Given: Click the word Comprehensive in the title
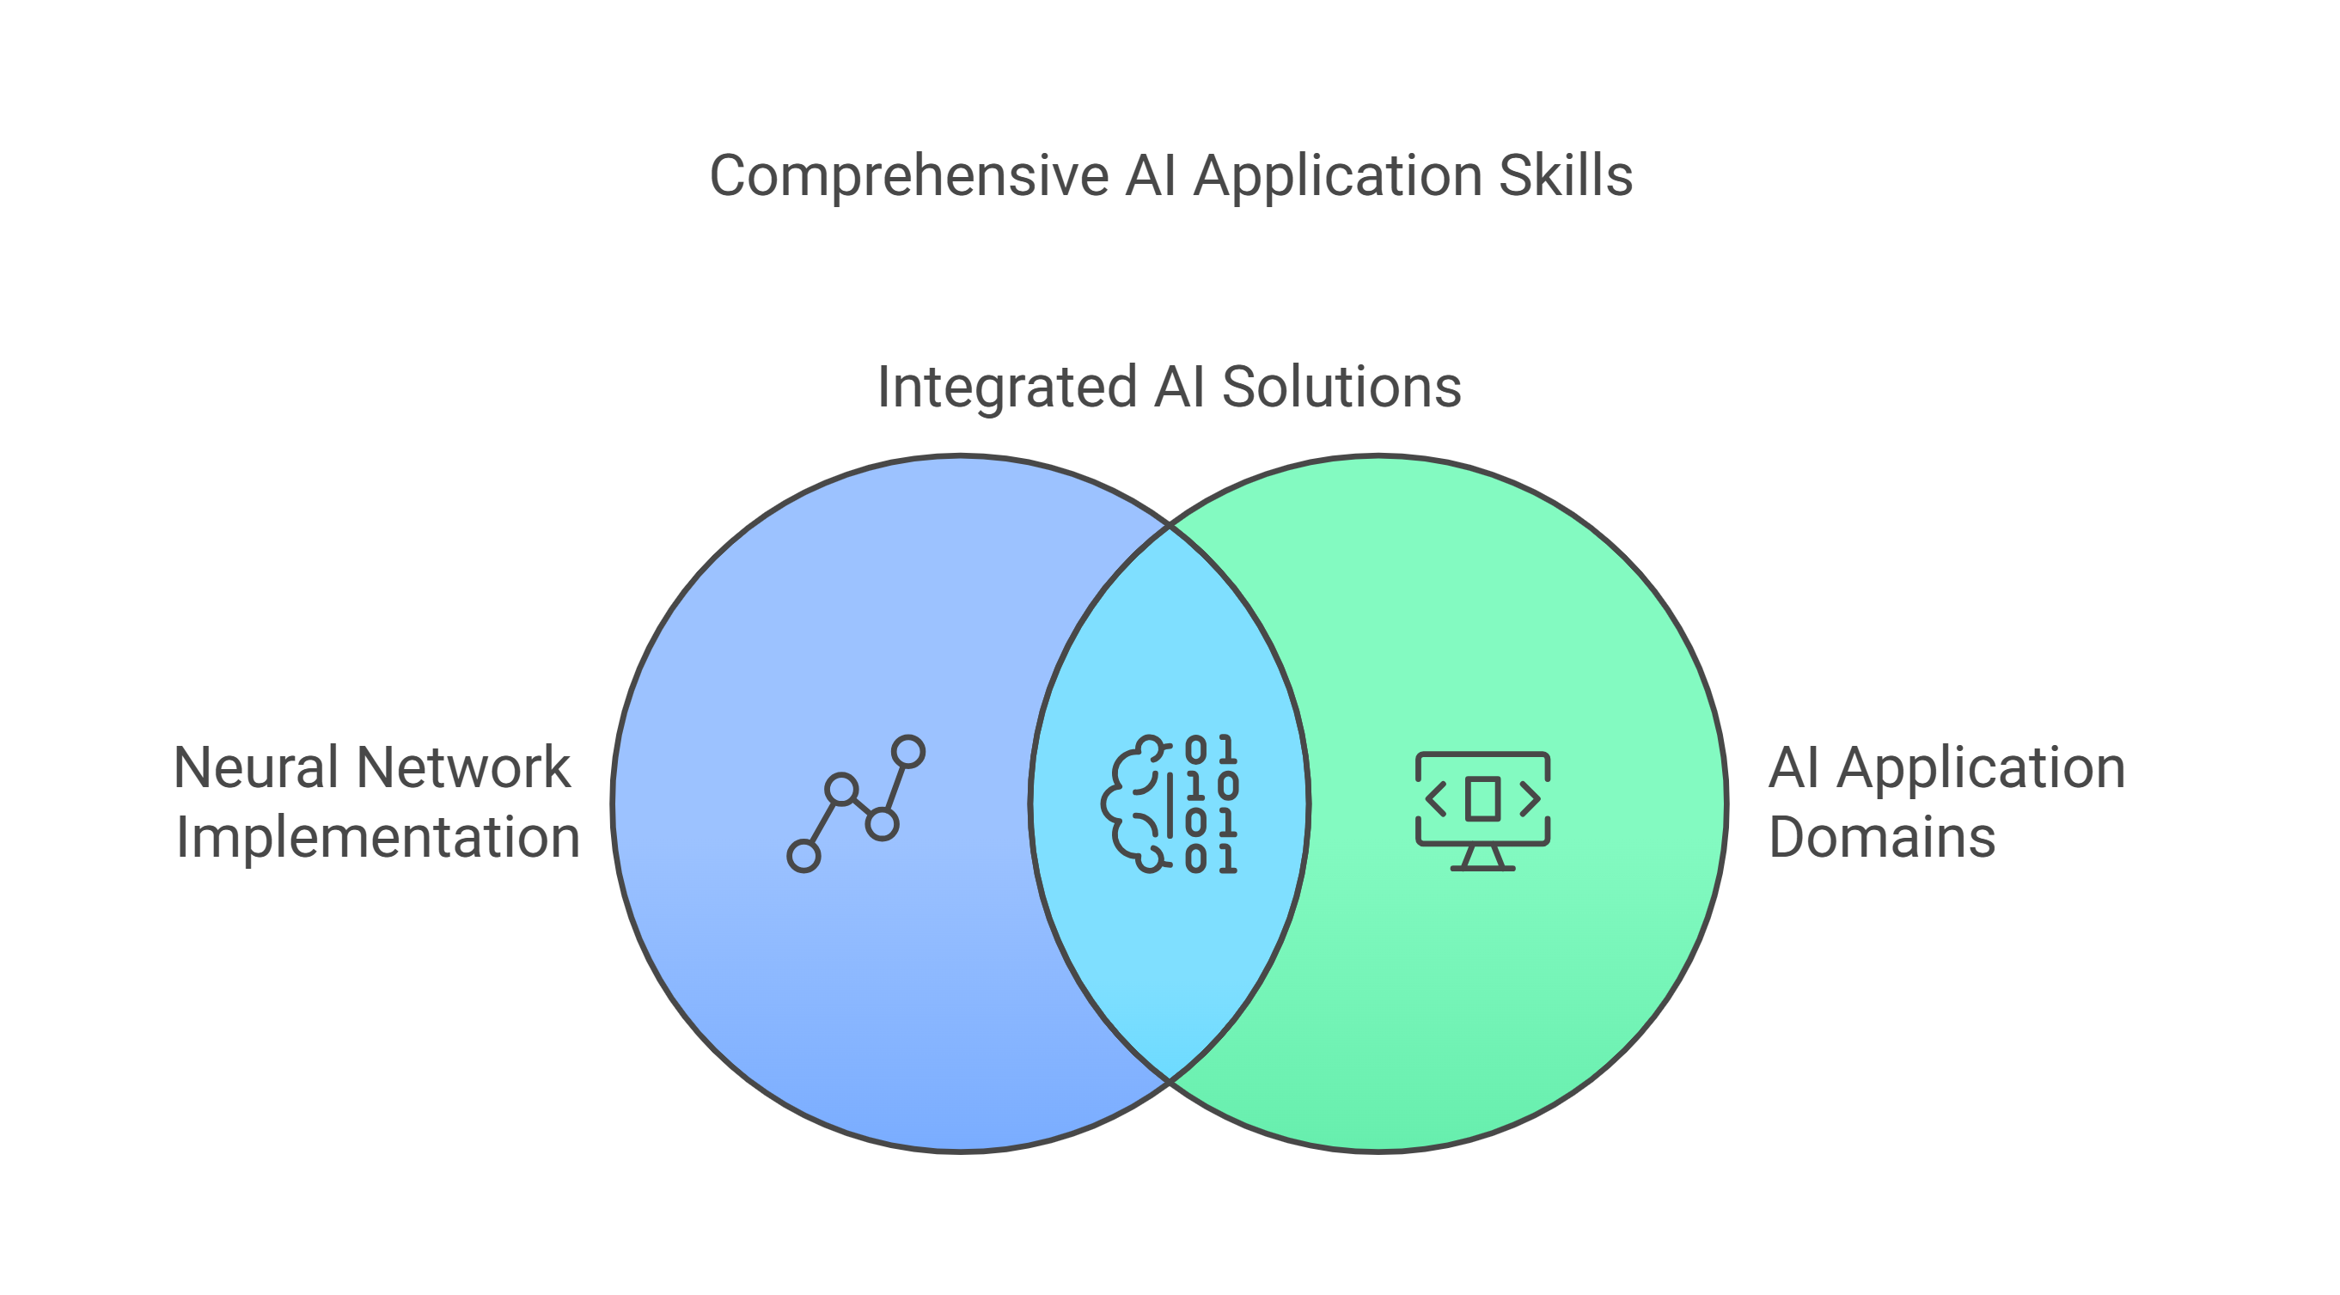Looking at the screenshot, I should click(x=908, y=175).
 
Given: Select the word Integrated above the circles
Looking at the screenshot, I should click(x=1006, y=387).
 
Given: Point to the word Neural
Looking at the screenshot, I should click(x=255, y=768).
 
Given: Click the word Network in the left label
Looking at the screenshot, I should click(x=463, y=768).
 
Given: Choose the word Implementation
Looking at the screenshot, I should click(x=377, y=837).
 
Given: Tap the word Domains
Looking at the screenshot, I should click(x=1881, y=837).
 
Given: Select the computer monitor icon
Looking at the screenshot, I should click(x=1482, y=810).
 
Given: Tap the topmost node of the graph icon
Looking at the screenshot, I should click(x=908, y=752).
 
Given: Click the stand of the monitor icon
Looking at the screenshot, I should click(x=1482, y=858).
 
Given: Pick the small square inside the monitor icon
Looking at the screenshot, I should click(x=1482, y=799).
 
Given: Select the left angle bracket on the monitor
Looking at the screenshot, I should click(x=1436, y=799).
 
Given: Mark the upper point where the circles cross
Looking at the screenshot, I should click(x=1170, y=525).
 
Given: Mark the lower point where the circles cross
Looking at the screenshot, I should click(x=1170, y=1081).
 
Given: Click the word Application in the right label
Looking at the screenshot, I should click(x=1980, y=768).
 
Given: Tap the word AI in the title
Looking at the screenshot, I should click(x=1151, y=175).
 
